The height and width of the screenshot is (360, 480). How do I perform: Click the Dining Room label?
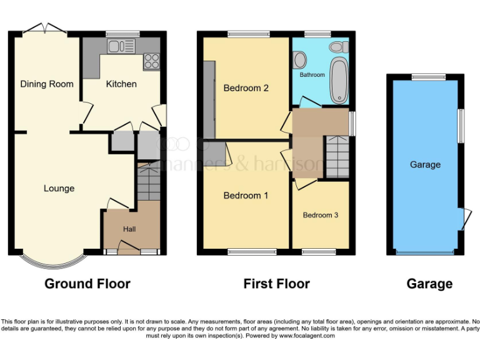pyautogui.click(x=47, y=84)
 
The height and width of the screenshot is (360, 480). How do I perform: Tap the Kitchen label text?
pyautogui.click(x=121, y=84)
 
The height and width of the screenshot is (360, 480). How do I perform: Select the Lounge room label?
pyautogui.click(x=59, y=188)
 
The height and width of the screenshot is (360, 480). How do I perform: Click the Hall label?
pyautogui.click(x=129, y=229)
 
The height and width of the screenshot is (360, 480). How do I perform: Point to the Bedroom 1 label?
pyautogui.click(x=246, y=196)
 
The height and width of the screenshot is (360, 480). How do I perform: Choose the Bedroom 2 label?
pyautogui.click(x=246, y=88)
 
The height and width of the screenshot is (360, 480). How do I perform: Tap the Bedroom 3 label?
pyautogui.click(x=321, y=215)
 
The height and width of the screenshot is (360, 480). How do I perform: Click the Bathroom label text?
pyautogui.click(x=312, y=74)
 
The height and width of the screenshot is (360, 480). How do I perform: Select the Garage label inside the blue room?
pyautogui.click(x=425, y=164)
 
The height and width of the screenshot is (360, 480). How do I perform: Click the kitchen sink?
pyautogui.click(x=121, y=46)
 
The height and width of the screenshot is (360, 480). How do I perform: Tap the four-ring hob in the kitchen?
pyautogui.click(x=151, y=61)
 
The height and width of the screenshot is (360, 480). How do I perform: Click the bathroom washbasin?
pyautogui.click(x=300, y=59)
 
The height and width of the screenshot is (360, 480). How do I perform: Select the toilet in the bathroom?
pyautogui.click(x=339, y=46)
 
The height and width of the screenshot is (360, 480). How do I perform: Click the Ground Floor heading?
pyautogui.click(x=87, y=284)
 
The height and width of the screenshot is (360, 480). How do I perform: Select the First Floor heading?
pyautogui.click(x=276, y=284)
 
